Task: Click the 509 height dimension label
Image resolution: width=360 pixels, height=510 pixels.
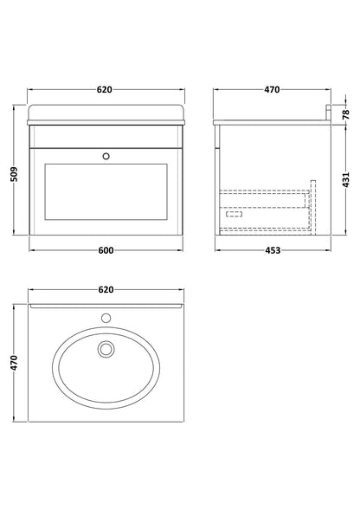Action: pyautogui.click(x=15, y=174)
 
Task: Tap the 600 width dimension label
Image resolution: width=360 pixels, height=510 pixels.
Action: pyautogui.click(x=106, y=250)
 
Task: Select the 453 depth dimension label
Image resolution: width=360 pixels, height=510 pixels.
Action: pyautogui.click(x=273, y=250)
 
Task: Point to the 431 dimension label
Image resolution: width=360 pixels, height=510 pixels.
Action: pyautogui.click(x=346, y=179)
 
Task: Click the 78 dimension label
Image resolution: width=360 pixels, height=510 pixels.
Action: pyautogui.click(x=346, y=114)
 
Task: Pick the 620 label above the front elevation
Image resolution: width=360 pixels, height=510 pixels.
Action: pyautogui.click(x=105, y=89)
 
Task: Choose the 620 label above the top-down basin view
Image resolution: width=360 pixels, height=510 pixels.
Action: pyautogui.click(x=106, y=289)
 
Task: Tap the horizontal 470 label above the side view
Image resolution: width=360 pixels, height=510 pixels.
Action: pyautogui.click(x=272, y=89)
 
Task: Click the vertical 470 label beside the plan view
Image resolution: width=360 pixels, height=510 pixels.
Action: pyautogui.click(x=15, y=363)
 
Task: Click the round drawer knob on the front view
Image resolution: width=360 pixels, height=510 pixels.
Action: pyautogui.click(x=106, y=157)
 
